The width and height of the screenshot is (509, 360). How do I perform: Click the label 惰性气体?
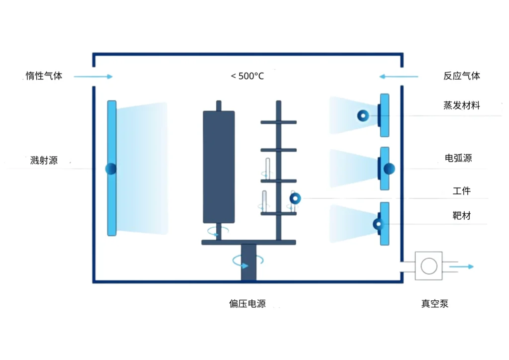coord(44,76)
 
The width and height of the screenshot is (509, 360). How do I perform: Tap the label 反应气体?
coord(462,76)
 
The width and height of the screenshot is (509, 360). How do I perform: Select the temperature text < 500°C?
coord(247,76)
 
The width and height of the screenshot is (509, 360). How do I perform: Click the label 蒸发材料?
coord(462,105)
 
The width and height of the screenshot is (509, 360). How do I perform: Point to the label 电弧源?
coord(458,158)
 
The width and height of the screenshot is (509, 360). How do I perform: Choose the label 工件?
coord(462,190)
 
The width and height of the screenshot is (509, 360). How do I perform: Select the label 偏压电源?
coord(247,303)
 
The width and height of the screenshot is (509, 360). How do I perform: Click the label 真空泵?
coord(435,303)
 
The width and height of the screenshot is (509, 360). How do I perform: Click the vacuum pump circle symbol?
coord(428,266)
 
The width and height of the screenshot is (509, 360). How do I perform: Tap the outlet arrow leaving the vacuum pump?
coord(461,267)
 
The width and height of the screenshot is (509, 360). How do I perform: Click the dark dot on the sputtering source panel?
coord(111,169)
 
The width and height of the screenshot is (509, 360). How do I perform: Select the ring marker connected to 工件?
coord(295,199)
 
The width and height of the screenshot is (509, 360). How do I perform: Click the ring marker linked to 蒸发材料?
coord(363,116)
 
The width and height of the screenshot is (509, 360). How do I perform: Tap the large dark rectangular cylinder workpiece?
coord(219,167)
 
